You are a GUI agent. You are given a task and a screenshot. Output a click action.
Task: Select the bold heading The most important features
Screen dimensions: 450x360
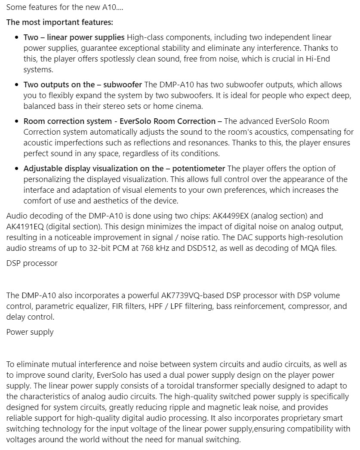pos(59,22)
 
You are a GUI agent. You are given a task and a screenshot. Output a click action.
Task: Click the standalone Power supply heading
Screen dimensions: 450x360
pos(30,332)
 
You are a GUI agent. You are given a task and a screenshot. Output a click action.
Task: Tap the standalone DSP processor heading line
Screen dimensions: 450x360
pos(32,263)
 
